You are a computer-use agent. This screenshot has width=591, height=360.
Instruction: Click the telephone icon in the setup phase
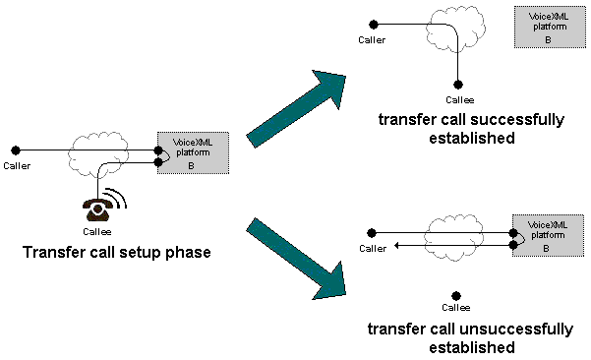tap(97, 209)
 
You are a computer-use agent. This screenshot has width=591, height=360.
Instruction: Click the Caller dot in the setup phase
tap(13, 151)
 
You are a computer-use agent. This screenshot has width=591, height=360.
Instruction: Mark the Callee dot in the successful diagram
tap(458, 86)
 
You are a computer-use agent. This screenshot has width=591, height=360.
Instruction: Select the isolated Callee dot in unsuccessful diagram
tap(455, 294)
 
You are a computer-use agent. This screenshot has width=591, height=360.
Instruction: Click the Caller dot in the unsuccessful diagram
tap(370, 233)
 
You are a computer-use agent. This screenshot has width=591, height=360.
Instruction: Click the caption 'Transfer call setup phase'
tap(117, 253)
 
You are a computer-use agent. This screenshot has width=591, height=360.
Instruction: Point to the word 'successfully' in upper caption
tap(515, 119)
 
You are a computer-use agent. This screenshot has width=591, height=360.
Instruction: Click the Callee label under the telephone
tap(97, 231)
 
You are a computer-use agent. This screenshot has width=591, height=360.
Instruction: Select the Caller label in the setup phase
tap(17, 165)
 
